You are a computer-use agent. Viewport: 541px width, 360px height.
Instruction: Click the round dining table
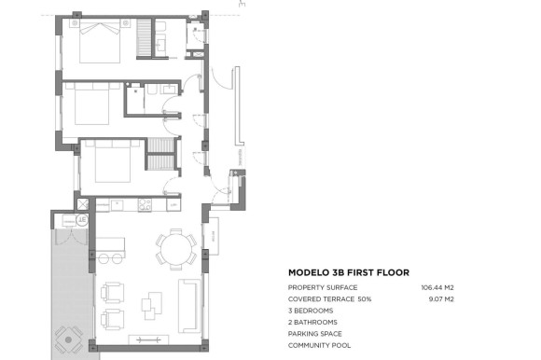(175, 250)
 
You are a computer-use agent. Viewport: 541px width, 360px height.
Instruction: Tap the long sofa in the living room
(189, 306)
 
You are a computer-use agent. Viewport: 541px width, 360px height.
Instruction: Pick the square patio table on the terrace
(68, 335)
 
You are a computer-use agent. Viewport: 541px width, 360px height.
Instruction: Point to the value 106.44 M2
(437, 287)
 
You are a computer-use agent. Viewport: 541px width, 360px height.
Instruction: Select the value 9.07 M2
(440, 298)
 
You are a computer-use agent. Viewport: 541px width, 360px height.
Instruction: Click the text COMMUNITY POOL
(319, 345)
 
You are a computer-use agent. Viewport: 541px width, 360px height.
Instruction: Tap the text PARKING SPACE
(315, 333)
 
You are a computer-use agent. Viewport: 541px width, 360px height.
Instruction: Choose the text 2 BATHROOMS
(312, 322)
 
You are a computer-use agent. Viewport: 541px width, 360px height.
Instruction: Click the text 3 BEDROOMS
(312, 311)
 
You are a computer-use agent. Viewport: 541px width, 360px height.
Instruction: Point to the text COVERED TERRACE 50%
(330, 298)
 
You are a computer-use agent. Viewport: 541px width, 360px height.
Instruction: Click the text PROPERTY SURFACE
(322, 287)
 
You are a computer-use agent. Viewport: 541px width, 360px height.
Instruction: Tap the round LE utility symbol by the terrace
(82, 219)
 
